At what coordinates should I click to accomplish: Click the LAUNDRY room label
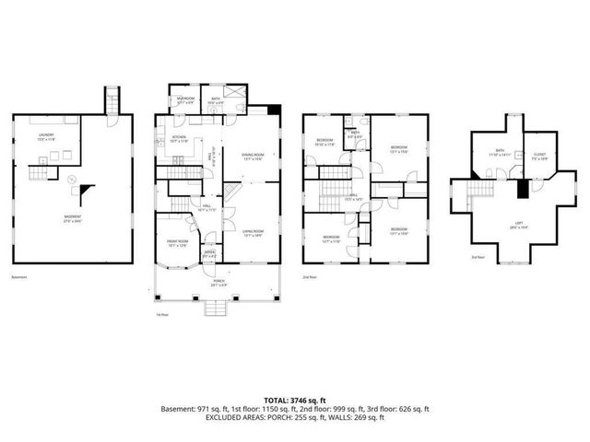point(46,136)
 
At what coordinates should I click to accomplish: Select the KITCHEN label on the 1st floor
point(180,139)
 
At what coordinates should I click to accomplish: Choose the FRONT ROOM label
point(179,242)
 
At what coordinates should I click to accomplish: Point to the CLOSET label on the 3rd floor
point(542,155)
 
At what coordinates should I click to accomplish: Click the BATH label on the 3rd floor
point(500,152)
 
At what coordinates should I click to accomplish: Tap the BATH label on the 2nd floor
point(354,134)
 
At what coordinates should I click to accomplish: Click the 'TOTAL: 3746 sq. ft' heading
point(294,399)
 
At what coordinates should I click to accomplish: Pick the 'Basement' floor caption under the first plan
point(19,277)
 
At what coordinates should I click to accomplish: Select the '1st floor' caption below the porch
point(161,314)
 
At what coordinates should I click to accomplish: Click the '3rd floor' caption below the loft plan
point(478,258)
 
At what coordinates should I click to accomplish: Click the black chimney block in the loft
point(523,189)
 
